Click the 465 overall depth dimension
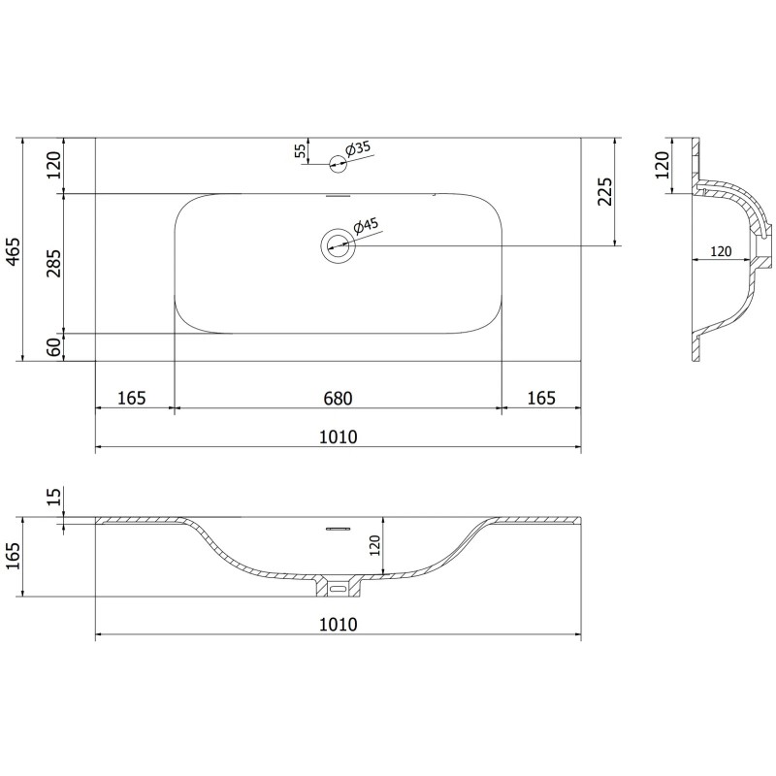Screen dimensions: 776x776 13,250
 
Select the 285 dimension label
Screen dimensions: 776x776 54,264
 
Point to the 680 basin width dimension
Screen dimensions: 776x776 336,398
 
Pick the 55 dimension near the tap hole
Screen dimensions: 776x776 301,150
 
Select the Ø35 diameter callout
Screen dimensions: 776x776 358,148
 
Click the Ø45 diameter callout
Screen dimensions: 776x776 366,227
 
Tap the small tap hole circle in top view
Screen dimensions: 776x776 337,163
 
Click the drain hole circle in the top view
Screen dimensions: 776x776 339,244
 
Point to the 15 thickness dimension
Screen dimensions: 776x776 54,499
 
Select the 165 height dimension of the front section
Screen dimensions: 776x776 13,557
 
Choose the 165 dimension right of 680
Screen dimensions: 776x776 540,398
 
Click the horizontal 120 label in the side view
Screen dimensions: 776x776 721,250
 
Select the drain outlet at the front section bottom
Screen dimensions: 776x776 338,587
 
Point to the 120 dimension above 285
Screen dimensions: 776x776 54,166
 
